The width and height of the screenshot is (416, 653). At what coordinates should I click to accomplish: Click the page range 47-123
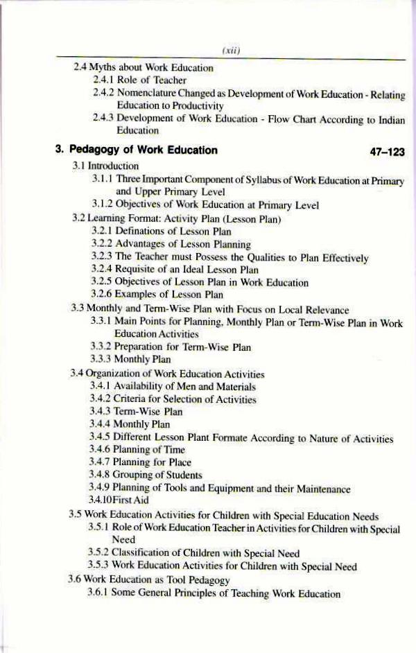point(383,150)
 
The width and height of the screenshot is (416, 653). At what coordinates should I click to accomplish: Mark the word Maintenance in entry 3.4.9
point(318,488)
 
